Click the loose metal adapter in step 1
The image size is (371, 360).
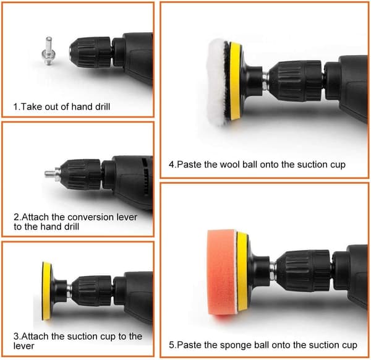coord(48,51)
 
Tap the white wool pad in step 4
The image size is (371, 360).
coord(217,82)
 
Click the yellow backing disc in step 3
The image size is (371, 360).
coord(47,291)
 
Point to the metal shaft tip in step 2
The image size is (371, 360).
coord(50,174)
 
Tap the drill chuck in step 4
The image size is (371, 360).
coord(296,80)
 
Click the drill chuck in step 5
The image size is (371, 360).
coord(304,271)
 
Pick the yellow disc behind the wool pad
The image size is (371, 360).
coord(235,81)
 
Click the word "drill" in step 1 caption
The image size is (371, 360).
coord(103,107)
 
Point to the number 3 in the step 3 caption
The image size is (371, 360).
coord(16,336)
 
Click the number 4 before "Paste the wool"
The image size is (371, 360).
coord(172,165)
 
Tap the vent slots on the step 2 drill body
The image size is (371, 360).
coord(146,176)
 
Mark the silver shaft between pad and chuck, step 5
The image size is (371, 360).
coord(273,270)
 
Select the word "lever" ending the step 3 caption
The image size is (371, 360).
coord(24,346)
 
